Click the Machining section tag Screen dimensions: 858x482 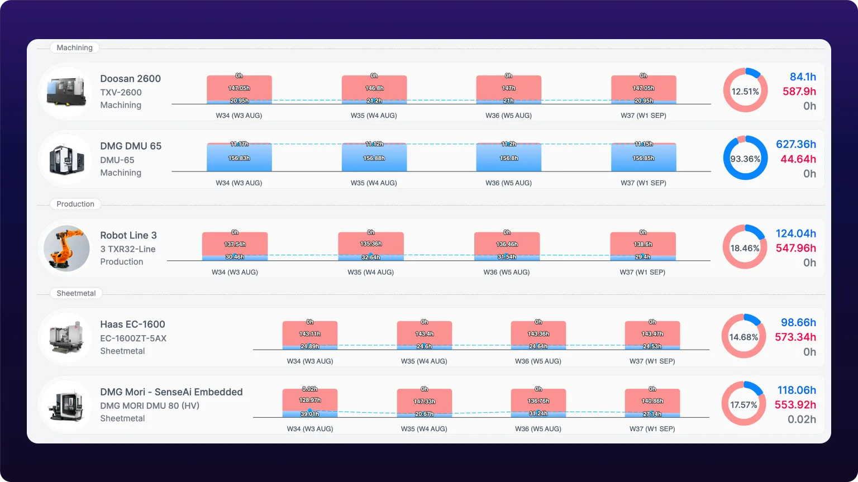74,47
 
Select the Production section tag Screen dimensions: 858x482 75,204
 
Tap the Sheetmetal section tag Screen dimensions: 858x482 76,293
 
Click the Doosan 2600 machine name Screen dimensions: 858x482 130,79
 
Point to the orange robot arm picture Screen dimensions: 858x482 66,247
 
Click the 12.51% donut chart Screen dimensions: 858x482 745,70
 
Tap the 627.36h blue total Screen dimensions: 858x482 796,144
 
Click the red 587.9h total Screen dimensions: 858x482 799,92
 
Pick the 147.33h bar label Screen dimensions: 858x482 425,401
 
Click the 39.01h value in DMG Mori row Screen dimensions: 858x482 309,414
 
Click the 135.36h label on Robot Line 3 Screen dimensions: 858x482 371,244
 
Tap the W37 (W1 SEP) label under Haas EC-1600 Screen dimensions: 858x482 652,361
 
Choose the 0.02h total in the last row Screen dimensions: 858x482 802,419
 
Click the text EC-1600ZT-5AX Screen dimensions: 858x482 134,338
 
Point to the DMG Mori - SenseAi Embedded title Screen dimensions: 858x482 171,392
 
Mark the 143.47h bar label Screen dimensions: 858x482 652,334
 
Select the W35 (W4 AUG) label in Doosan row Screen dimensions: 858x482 374,115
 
